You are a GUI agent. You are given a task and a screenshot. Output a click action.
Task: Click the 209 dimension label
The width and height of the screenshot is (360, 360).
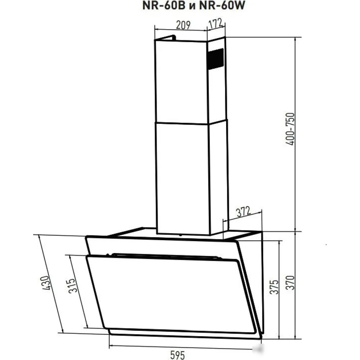click(183, 25)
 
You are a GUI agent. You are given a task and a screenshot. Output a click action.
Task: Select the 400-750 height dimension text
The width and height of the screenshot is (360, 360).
click(290, 129)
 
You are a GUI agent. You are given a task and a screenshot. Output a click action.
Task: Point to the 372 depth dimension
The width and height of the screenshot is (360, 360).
click(243, 212)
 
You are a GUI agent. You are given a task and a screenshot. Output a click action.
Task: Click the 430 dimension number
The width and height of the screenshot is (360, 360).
click(45, 283)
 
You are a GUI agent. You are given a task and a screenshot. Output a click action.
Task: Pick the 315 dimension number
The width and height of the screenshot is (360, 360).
click(72, 285)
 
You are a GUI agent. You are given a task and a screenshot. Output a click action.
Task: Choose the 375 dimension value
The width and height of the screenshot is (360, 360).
click(274, 287)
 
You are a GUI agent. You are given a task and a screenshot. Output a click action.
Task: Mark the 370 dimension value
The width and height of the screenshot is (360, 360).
click(291, 283)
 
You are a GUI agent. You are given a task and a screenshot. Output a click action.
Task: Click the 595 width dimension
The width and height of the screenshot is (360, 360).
click(177, 355)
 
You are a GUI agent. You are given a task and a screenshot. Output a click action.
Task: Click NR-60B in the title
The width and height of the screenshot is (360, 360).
click(164, 5)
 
